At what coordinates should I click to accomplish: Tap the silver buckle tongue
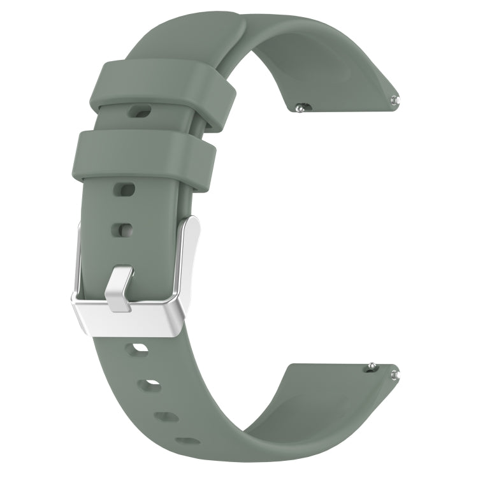click(121, 290)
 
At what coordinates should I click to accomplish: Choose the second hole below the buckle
click(152, 384)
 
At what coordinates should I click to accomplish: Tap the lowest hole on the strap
click(187, 440)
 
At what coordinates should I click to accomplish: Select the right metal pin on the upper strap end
click(396, 99)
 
